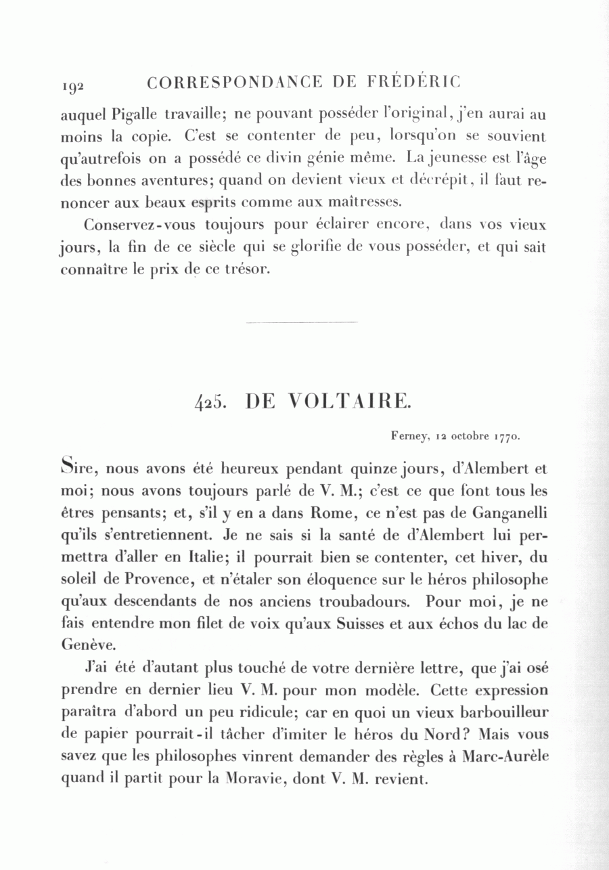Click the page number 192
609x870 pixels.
click(72, 85)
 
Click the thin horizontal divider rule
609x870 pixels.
click(302, 322)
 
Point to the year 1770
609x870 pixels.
click(505, 437)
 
